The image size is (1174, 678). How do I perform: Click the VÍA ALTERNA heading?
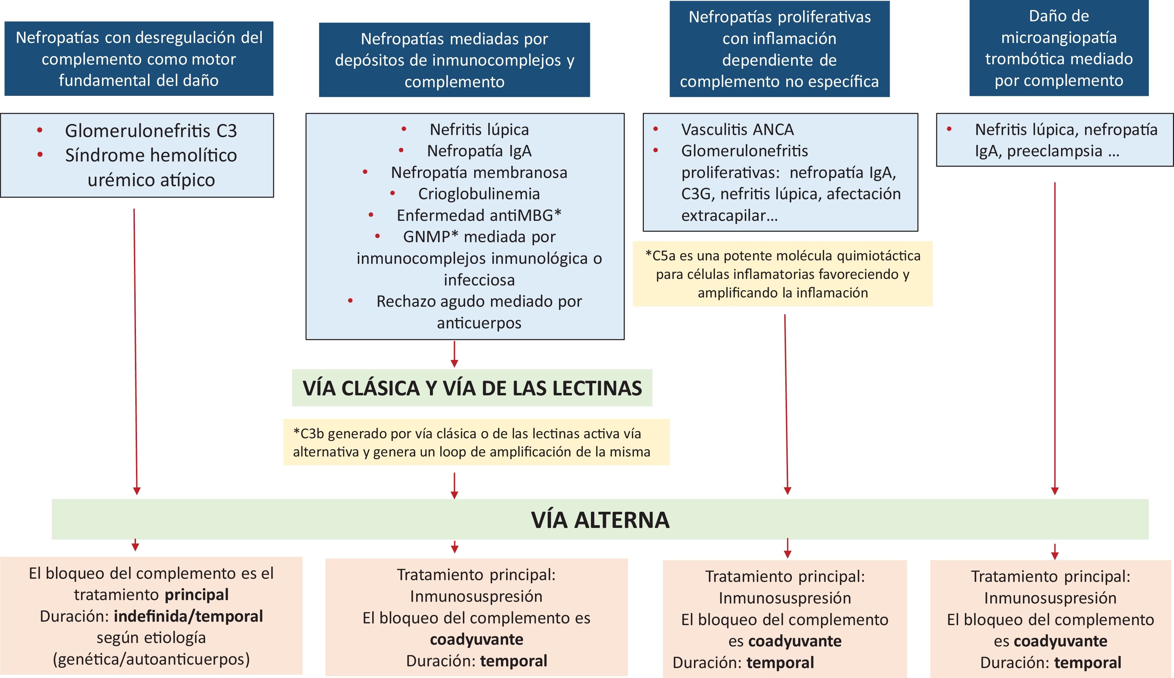(600, 520)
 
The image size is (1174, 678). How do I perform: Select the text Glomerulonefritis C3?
(151, 131)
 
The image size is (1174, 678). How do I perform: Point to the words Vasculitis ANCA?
(737, 129)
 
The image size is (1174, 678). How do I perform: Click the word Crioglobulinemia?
(479, 194)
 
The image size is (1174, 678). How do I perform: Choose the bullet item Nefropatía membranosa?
(479, 172)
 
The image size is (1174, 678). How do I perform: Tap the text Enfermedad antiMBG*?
(479, 215)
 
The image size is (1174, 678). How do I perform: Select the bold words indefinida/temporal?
(188, 616)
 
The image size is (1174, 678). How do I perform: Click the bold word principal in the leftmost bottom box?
(197, 595)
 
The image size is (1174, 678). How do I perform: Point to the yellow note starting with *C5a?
(783, 274)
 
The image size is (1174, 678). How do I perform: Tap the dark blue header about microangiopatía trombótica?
(1059, 48)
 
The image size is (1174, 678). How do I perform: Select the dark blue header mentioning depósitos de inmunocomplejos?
(454, 60)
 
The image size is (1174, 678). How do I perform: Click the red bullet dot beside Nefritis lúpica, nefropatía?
(949, 129)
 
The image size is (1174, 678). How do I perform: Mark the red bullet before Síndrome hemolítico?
(40, 155)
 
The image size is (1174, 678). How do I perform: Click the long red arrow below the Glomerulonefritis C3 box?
(135, 349)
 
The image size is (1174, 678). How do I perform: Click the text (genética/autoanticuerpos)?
(151, 659)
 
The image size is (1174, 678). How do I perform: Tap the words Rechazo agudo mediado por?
(479, 301)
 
